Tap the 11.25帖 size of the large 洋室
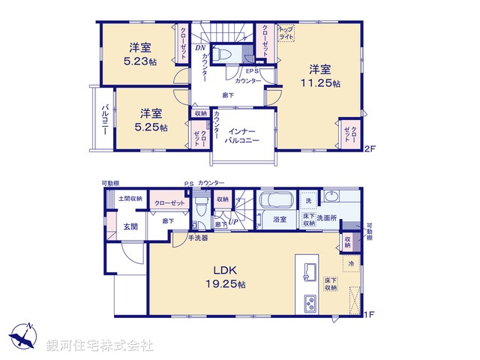click(321, 83)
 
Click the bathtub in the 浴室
click(278, 202)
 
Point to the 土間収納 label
click(130, 199)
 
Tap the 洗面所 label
click(330, 217)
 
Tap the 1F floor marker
click(369, 314)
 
